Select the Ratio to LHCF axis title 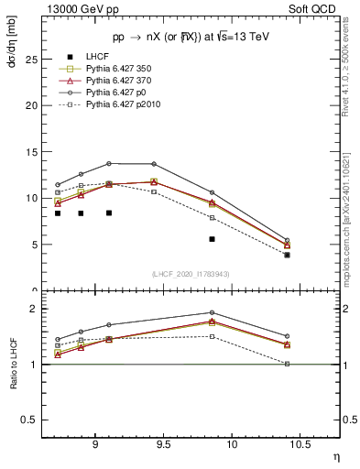(13, 363)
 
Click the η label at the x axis (335, 455)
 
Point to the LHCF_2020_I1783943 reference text (190, 274)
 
